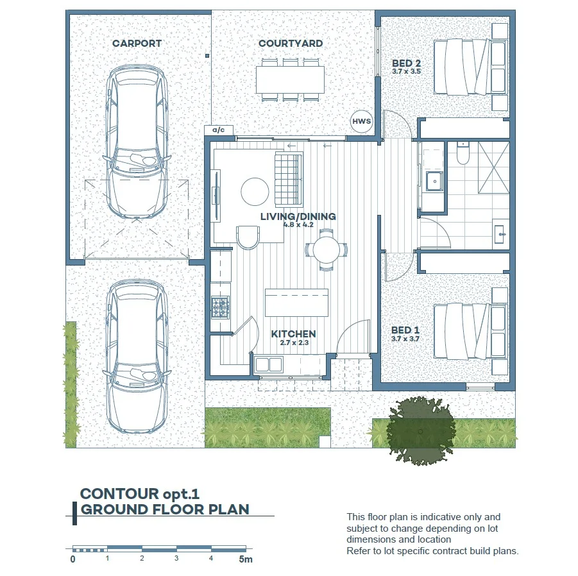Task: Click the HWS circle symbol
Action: coord(361,121)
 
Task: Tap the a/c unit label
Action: coord(218,130)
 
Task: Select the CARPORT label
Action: coord(137,43)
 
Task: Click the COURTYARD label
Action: coord(291,43)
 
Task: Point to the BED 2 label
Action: coord(406,63)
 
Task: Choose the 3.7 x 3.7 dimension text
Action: coord(405,339)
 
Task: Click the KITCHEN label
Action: coord(293,334)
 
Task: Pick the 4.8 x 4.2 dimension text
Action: coord(298,224)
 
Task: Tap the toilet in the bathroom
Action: coord(463,153)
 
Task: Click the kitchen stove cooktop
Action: coord(220,308)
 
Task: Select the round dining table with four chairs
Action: coord(327,250)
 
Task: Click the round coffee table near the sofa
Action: coord(255,192)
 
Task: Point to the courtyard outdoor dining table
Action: coord(291,80)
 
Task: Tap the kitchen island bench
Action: coord(297,303)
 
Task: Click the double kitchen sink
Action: coord(269,364)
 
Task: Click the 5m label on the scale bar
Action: coord(246,559)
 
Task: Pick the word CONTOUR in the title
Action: coord(119,493)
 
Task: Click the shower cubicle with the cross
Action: coord(494,167)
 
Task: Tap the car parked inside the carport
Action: coord(137,142)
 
